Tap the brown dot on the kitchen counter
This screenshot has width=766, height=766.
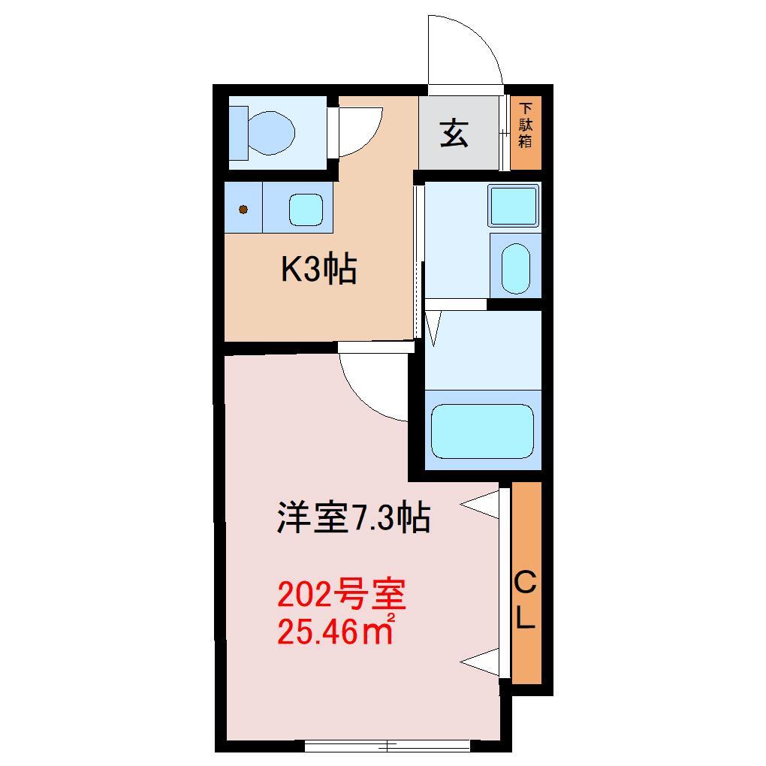click(x=243, y=210)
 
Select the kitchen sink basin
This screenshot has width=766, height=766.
click(x=306, y=210)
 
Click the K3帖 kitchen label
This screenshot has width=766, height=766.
click(x=318, y=270)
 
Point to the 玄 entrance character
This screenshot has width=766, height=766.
click(x=454, y=134)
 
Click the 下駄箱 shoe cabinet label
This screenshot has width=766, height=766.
click(x=526, y=125)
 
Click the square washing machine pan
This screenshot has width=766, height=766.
click(x=514, y=205)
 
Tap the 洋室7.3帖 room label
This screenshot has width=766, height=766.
click(x=353, y=518)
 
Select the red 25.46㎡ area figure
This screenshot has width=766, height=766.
click(x=336, y=632)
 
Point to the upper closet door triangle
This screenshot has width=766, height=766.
click(x=482, y=505)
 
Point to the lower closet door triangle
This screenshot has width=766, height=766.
click(x=482, y=660)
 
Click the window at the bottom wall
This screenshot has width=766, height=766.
click(x=387, y=746)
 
